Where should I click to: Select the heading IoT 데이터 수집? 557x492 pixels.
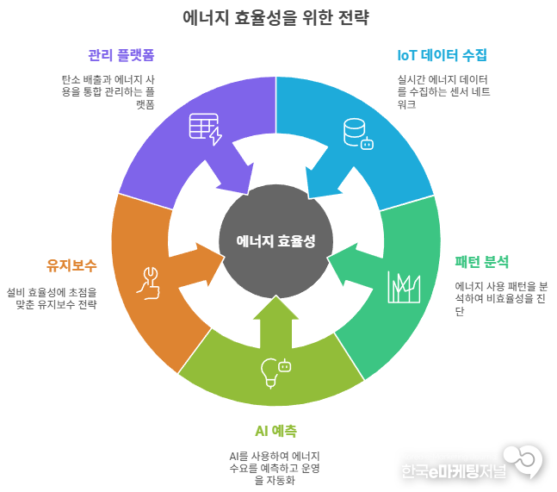(442, 55)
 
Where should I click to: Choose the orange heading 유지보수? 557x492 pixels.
(71, 265)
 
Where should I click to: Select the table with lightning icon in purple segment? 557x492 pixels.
(205, 129)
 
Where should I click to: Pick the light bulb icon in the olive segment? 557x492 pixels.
(275, 371)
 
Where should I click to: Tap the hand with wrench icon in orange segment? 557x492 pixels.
(149, 283)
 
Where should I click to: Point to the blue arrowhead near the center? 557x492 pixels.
(319, 184)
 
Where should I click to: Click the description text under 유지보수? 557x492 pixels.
(52, 298)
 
